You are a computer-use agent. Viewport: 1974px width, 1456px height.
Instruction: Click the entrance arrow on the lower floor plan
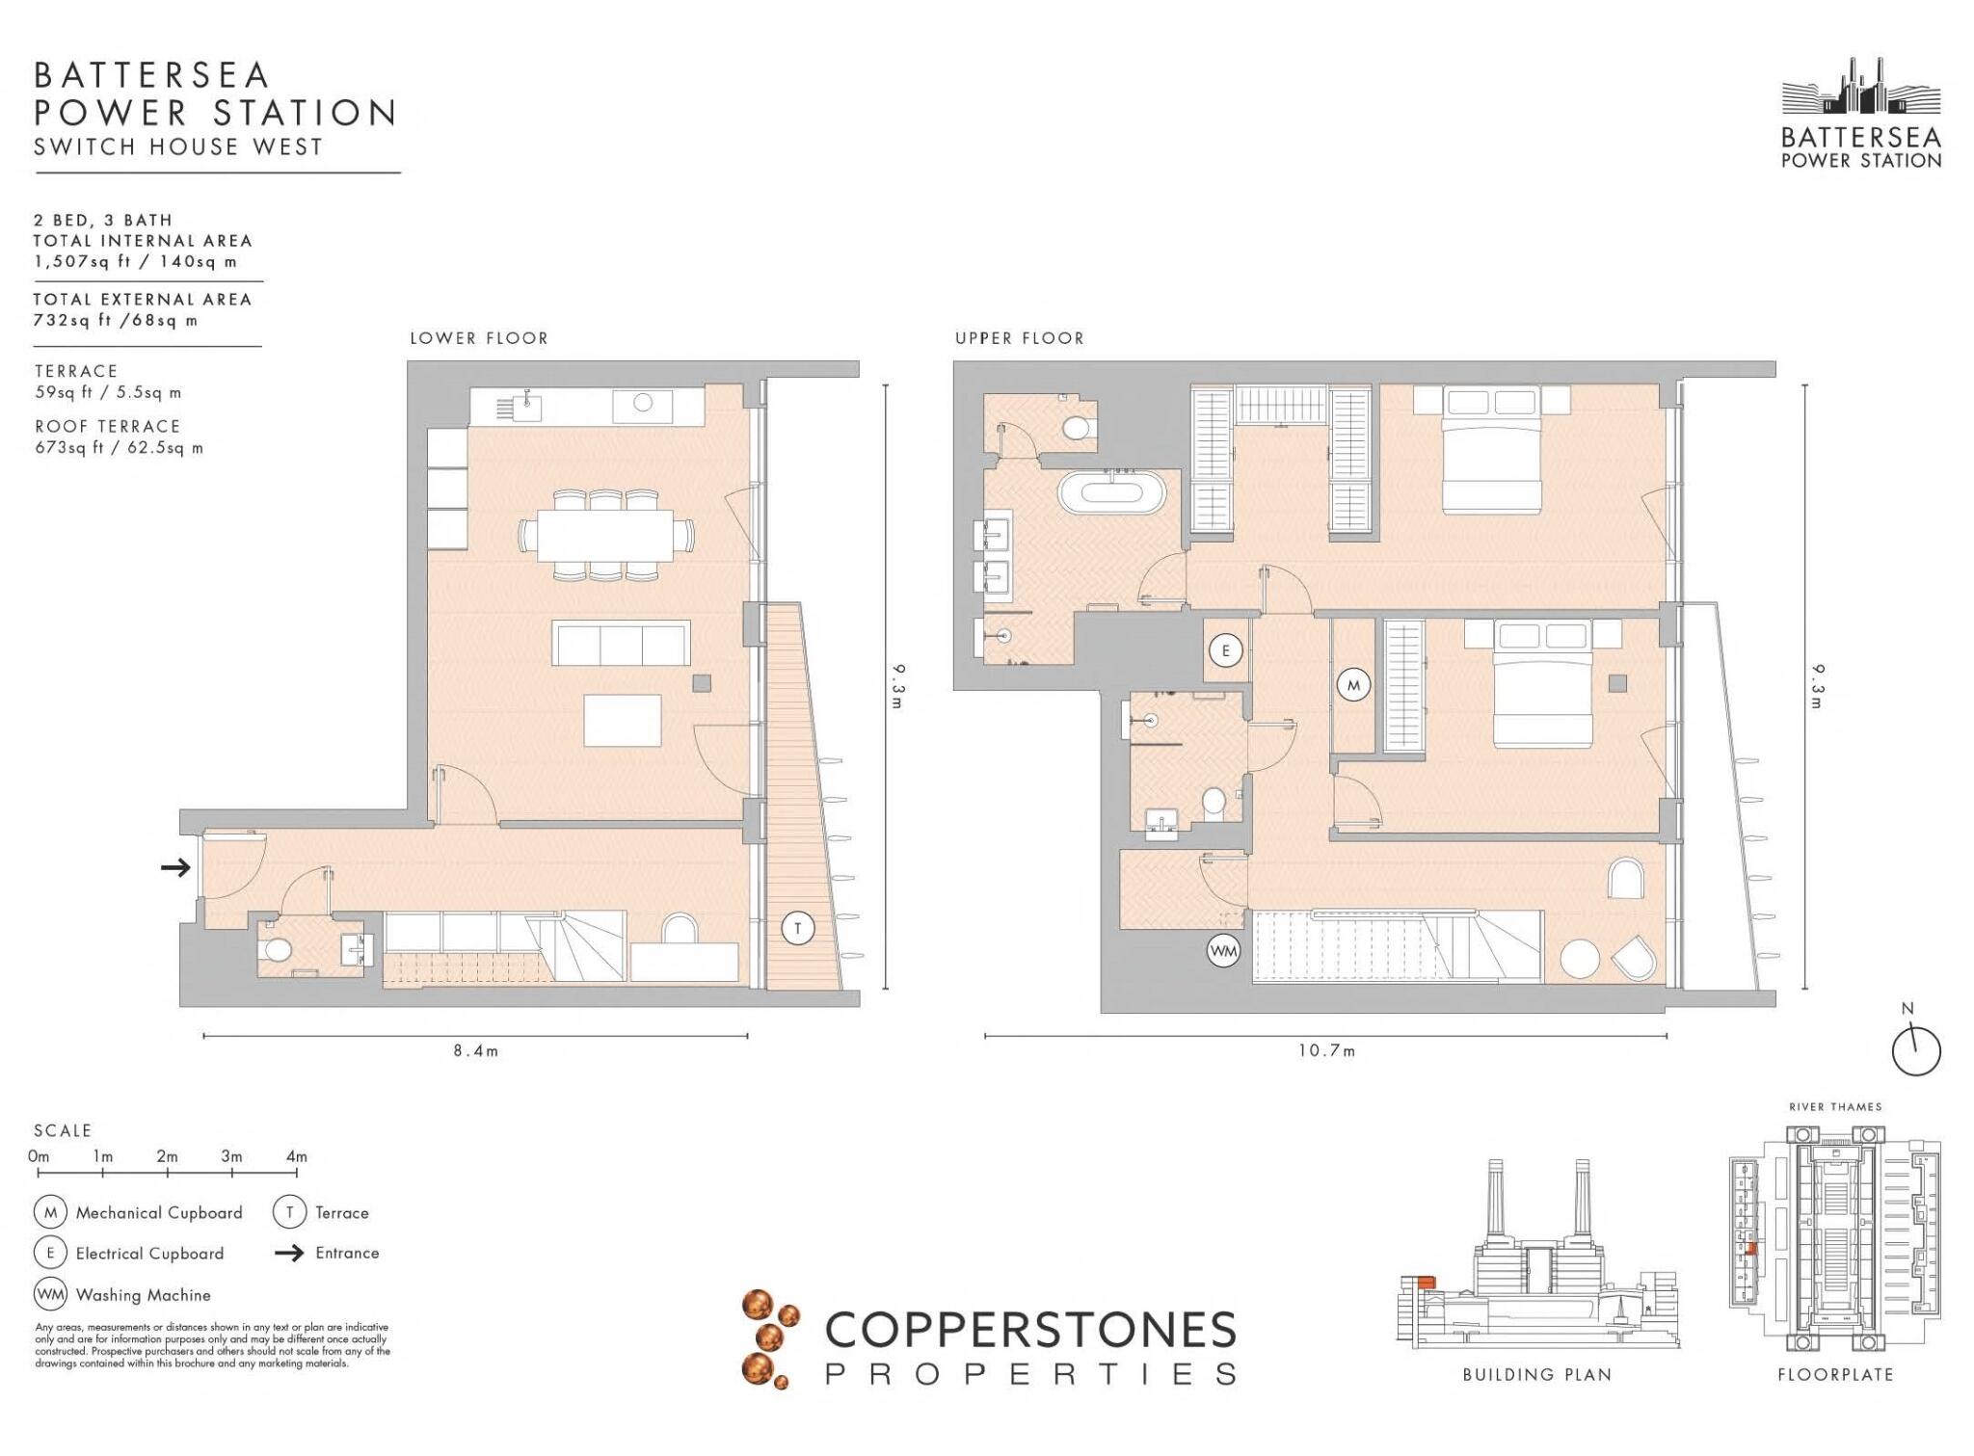175,868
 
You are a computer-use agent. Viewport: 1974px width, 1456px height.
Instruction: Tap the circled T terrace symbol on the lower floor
798,929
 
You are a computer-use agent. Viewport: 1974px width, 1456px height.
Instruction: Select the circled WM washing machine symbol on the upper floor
1223,951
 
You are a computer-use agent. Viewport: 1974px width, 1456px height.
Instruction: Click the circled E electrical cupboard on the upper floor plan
1226,650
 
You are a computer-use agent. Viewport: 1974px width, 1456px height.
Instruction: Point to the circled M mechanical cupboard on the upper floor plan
1353,686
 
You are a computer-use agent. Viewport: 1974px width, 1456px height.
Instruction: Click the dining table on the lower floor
605,535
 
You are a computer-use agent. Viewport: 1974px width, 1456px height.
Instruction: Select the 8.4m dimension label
476,1050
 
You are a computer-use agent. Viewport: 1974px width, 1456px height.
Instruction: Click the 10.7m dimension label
1326,1050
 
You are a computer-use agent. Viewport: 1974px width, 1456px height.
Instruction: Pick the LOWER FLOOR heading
479,338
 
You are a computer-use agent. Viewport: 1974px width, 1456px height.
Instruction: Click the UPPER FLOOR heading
1020,338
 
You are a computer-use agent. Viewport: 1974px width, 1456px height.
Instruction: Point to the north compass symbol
1915,1049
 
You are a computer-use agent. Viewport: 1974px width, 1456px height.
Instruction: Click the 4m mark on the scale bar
296,1156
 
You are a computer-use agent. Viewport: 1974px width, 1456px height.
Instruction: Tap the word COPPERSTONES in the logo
1030,1331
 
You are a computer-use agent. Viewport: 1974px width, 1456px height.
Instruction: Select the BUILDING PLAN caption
1536,1375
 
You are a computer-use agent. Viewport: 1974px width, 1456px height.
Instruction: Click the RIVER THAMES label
1835,1107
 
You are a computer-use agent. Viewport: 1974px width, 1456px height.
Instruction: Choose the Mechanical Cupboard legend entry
159,1213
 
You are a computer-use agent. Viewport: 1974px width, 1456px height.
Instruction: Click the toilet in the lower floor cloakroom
278,949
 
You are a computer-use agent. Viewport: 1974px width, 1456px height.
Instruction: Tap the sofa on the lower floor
621,643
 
